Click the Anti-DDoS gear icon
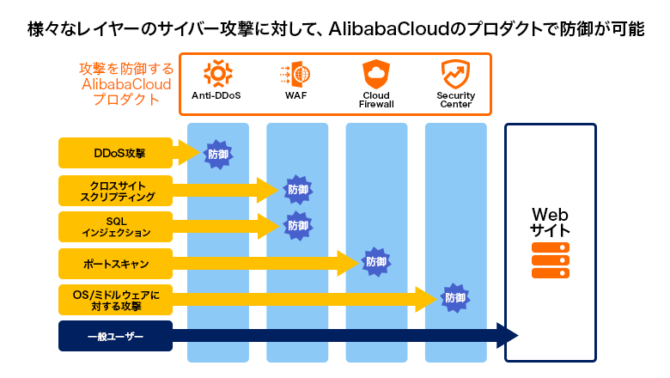(x=216, y=73)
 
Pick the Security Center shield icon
(x=455, y=73)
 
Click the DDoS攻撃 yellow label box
(x=115, y=154)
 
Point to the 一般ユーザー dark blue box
(x=115, y=336)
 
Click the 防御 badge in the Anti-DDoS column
(x=217, y=155)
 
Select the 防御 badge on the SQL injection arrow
(x=297, y=226)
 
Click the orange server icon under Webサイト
(x=550, y=260)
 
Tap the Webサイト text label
(x=550, y=223)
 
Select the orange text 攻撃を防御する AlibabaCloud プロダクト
(x=126, y=83)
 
